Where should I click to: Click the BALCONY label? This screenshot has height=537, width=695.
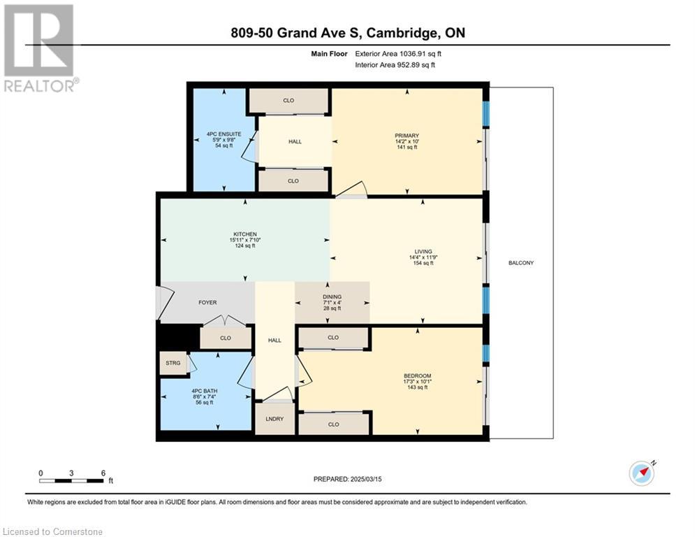[x=521, y=263]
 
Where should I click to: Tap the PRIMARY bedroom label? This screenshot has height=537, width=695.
[x=407, y=136]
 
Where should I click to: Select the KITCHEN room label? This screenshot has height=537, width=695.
[x=245, y=234]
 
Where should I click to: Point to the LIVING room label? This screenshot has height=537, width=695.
[x=423, y=251]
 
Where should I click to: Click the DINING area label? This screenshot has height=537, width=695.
[x=332, y=296]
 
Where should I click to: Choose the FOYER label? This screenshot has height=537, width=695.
[x=207, y=302]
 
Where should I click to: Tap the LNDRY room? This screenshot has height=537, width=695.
[x=275, y=419]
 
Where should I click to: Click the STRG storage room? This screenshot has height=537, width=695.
[x=173, y=363]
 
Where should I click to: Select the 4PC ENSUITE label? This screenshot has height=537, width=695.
[x=224, y=134]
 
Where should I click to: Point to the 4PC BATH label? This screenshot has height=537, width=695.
[x=205, y=391]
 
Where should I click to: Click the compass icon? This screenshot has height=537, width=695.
[x=642, y=473]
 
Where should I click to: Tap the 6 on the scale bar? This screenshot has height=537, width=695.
[x=103, y=473]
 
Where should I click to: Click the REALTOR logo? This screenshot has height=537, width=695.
[x=40, y=48]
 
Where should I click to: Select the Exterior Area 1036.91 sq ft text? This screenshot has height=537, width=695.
[x=398, y=54]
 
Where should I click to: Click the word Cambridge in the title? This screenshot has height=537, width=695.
[x=401, y=33]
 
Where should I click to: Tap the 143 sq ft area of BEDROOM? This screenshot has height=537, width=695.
[x=418, y=387]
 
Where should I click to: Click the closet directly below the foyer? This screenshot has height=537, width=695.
[x=226, y=338]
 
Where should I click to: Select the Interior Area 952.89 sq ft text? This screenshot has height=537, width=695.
[x=395, y=65]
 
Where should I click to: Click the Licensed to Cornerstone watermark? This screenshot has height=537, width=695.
[x=52, y=531]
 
